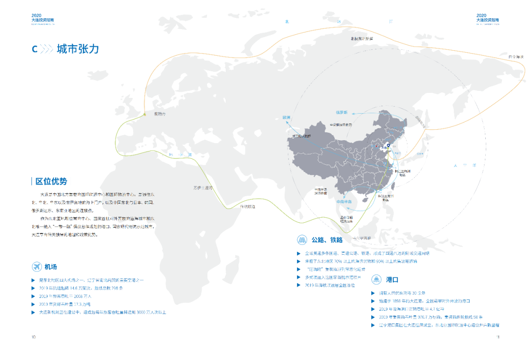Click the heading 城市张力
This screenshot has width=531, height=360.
78,49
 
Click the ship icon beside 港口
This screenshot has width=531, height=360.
377,279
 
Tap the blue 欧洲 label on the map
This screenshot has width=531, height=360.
287,117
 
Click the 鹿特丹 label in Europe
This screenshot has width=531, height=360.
160,114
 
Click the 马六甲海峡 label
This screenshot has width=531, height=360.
361,238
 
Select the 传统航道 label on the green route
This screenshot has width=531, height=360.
247,207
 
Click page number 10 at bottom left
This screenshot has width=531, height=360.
33,337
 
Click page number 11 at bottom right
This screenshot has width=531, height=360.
498,337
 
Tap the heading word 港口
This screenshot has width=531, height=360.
392,279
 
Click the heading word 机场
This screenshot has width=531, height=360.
51,267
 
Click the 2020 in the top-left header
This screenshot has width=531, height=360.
36,16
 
